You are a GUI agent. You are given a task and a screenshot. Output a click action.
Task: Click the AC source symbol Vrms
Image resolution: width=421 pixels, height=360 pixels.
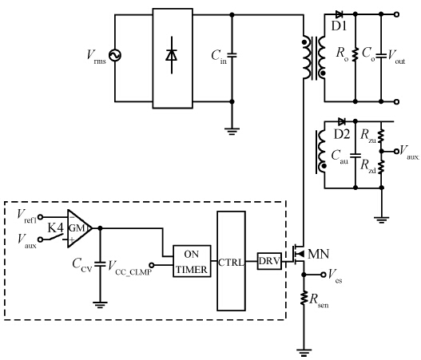point(115,56)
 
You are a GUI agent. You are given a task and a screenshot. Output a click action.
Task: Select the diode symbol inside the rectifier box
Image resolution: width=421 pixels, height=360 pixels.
point(172,55)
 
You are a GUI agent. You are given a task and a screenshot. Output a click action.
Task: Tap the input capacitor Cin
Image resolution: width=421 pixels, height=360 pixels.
point(232,55)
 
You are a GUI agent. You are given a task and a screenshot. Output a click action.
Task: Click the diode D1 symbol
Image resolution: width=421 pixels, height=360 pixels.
point(340,14)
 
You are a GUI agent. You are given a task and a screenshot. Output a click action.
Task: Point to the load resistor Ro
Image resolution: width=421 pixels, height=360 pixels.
point(355,54)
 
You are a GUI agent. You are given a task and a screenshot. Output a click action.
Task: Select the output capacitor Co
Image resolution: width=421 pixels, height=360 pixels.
point(381,56)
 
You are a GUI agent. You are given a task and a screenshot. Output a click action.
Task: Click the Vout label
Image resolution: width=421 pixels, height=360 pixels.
point(396,57)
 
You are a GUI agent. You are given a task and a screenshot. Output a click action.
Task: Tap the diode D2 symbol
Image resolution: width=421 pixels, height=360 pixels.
point(342,121)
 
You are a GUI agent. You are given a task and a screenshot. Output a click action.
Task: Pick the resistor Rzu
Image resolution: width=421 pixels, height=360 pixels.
point(381,136)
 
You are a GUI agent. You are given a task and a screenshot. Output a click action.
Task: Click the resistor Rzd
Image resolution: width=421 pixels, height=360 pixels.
point(381,167)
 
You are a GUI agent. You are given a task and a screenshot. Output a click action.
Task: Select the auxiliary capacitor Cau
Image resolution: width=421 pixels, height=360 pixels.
point(355,156)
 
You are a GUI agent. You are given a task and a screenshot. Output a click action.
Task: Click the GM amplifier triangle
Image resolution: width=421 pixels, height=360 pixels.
point(79,228)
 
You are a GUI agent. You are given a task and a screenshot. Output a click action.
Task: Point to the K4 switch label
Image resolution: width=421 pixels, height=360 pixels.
point(56,228)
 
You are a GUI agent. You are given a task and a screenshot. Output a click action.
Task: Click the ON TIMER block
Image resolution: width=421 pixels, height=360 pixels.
point(192,261)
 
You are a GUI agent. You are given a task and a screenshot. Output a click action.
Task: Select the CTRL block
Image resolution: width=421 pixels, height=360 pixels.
point(231,261)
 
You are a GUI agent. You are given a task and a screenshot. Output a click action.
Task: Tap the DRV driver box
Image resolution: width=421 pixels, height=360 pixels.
point(269,261)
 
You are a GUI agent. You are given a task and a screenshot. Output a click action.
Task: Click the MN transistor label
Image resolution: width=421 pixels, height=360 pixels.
point(318,254)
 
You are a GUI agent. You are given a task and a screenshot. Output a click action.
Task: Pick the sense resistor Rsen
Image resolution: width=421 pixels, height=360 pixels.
point(304,298)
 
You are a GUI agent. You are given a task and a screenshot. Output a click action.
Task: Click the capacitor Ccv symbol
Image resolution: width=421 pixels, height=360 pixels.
point(100,263)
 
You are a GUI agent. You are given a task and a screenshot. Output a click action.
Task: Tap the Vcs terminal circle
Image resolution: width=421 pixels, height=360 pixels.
point(324,275)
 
